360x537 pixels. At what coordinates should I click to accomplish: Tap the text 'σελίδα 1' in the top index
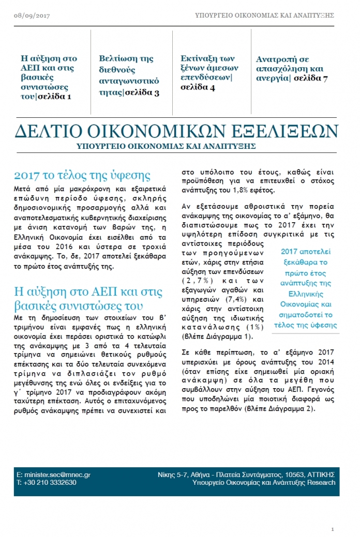pos(55,96)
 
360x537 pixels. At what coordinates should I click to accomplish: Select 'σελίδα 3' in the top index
pos(142,93)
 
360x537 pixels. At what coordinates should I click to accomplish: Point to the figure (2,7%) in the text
pos(198,280)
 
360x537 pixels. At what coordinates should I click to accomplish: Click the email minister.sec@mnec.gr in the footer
pos(57,474)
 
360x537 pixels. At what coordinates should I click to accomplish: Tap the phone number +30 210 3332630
pos(51,483)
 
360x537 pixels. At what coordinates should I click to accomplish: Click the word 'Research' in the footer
pos(320,483)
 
